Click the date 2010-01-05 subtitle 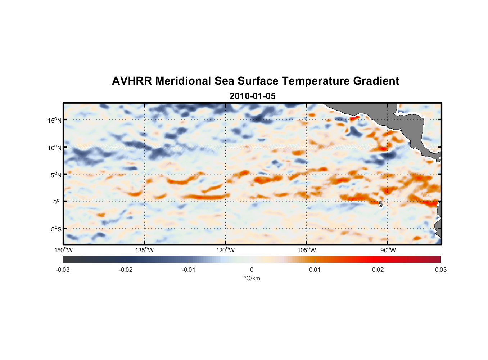tap(252, 96)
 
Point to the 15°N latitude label tap(55, 121)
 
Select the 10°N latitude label tap(55, 148)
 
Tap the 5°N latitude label tap(56, 175)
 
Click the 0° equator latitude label tap(57, 202)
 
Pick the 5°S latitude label tap(56, 229)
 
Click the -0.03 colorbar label tap(63, 270)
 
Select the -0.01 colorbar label tap(189, 270)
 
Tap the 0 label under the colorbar tap(252, 270)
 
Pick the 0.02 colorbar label tap(378, 270)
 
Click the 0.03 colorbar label tap(440, 270)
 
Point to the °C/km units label tap(252, 278)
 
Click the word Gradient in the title tap(376, 81)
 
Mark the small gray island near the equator tap(381, 204)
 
